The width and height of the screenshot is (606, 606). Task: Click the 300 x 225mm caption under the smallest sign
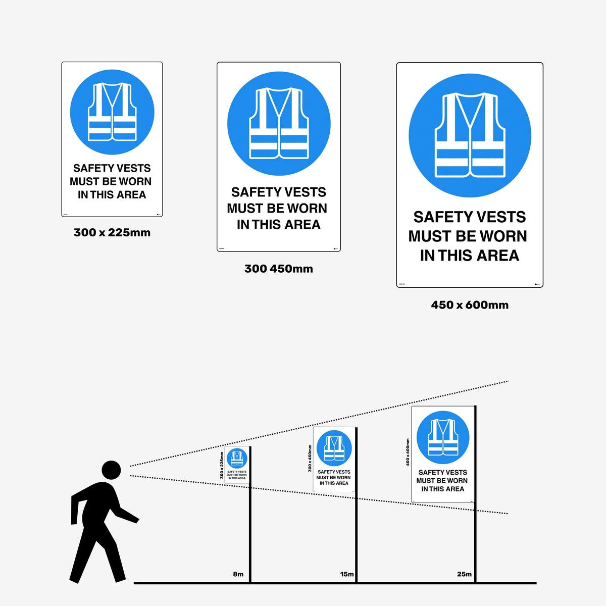[112, 233]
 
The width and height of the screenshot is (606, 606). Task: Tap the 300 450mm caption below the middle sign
[279, 269]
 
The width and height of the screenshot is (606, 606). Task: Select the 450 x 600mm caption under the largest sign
[470, 305]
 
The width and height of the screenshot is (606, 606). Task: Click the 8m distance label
[238, 574]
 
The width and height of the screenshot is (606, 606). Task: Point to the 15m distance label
[347, 574]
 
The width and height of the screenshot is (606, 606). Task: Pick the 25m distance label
[464, 574]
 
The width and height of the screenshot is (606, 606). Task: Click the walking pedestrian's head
[111, 470]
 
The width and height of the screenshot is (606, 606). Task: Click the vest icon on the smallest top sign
[112, 112]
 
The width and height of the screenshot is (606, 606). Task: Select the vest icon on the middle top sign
[279, 123]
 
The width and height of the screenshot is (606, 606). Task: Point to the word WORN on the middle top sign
[307, 209]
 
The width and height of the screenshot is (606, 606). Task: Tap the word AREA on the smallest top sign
[131, 195]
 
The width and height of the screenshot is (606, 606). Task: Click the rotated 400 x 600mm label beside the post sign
[408, 452]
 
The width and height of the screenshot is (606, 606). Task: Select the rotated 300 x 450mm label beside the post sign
[310, 459]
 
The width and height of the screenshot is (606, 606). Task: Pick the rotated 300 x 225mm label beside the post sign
[221, 465]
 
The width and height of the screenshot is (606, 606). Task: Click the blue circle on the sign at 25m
[443, 437]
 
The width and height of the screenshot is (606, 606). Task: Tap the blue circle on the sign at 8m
[237, 458]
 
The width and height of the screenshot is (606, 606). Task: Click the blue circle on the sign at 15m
[334, 448]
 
